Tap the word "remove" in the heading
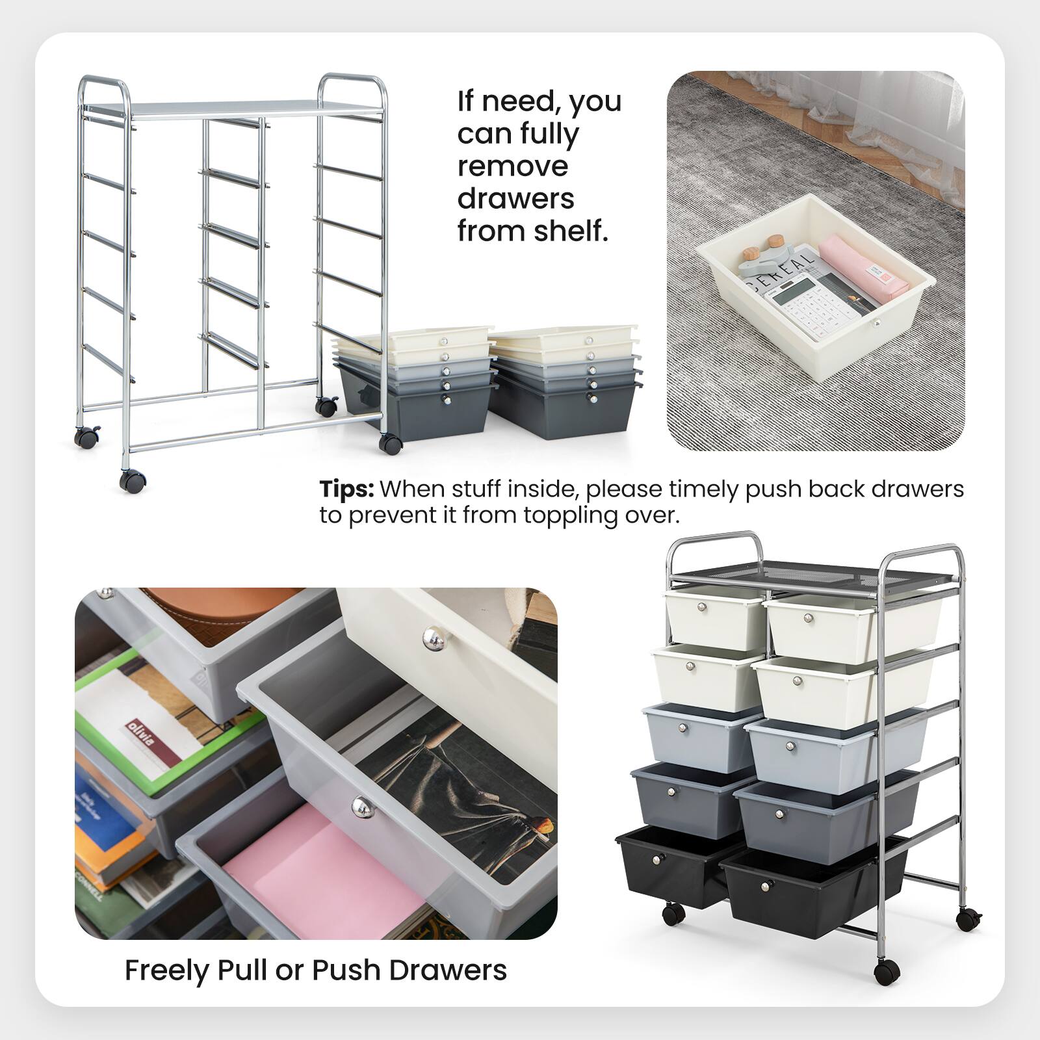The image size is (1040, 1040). pos(512,166)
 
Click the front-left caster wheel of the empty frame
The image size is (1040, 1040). pos(133,482)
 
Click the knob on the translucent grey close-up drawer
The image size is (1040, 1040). pos(359,807)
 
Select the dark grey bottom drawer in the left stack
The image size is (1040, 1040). pos(416,409)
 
